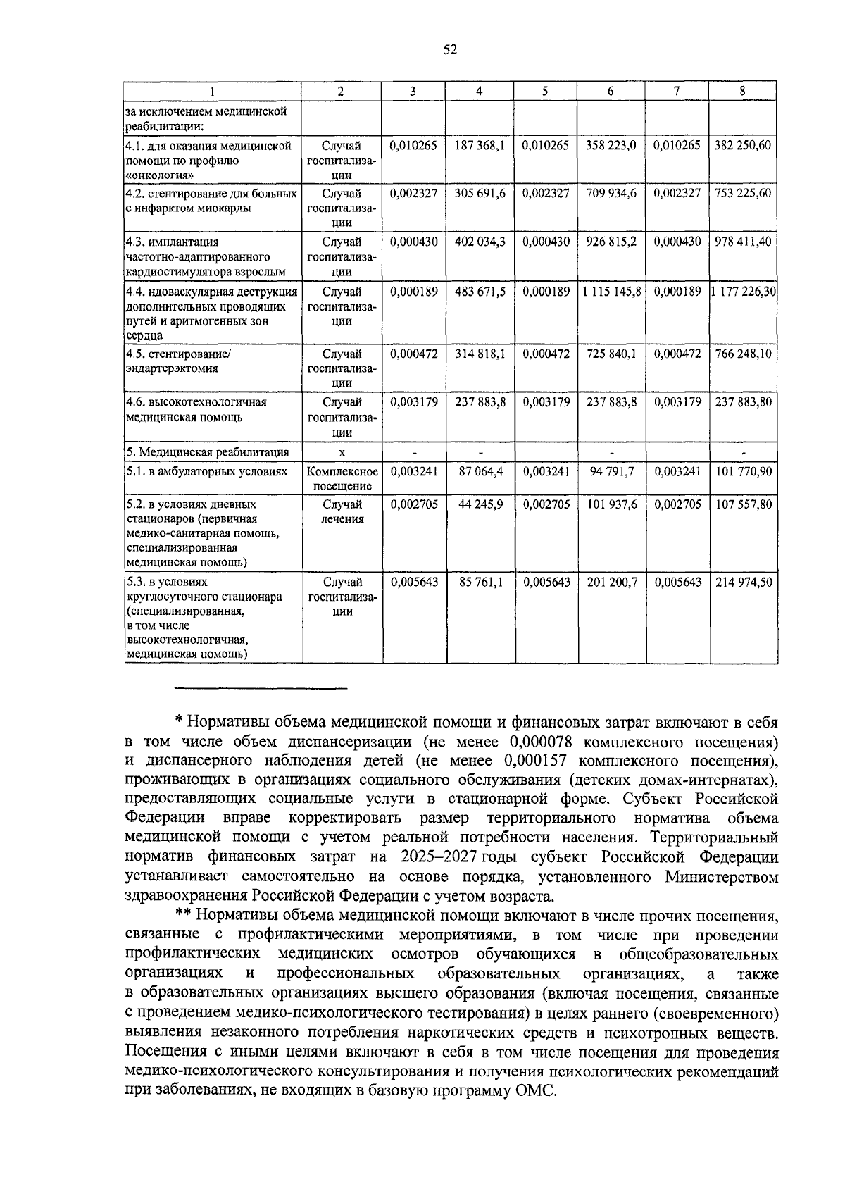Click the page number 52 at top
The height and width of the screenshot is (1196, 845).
pos(450,49)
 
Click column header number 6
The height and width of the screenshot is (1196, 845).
pos(611,91)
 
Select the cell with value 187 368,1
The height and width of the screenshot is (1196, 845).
pos(480,145)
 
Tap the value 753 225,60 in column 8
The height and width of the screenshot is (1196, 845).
pos(743,193)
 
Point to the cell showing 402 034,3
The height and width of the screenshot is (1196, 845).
pos(480,242)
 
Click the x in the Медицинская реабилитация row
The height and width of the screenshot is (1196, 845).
pos(342,452)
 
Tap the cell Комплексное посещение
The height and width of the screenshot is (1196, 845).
pos(342,478)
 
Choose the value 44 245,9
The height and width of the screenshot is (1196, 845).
pos(480,504)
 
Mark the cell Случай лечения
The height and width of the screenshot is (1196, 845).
pos(342,512)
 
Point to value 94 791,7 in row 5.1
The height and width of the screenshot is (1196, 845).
pos(611,471)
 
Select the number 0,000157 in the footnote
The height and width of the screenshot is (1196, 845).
pos(535,761)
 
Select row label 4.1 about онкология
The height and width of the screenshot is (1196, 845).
pos(208,160)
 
